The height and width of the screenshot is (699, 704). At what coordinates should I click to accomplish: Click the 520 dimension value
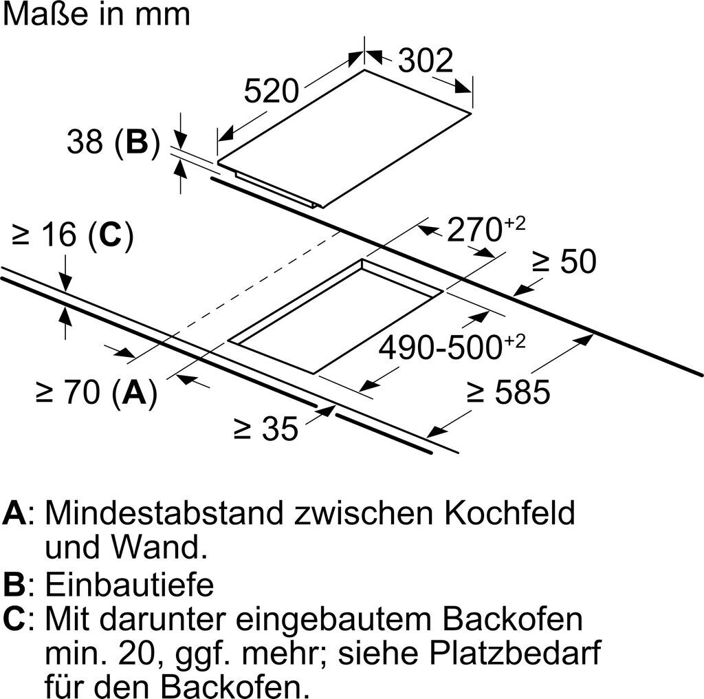coord(272,91)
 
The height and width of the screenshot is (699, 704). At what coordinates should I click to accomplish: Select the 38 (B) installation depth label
coord(113,142)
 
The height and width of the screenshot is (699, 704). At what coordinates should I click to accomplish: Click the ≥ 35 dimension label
coord(266,429)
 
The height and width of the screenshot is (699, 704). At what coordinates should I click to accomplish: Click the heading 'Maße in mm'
coord(96,14)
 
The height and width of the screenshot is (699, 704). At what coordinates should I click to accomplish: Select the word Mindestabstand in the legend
coord(164,513)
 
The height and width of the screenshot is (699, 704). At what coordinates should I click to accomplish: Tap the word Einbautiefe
coord(129,585)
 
